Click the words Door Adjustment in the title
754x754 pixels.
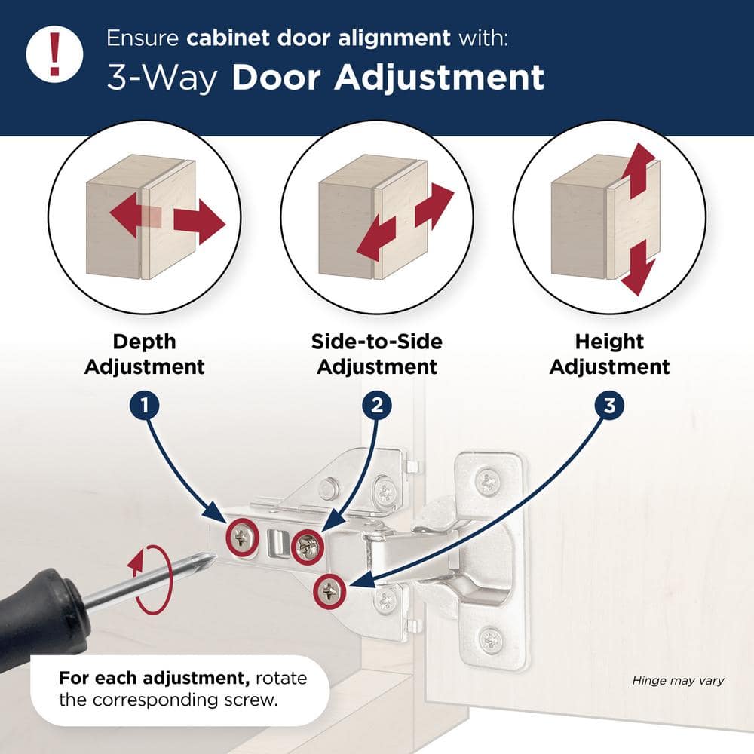tap(388, 78)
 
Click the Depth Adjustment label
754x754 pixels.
tap(145, 354)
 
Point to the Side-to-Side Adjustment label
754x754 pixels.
tap(377, 354)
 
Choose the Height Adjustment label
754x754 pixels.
tap(609, 354)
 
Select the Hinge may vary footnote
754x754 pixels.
tap(678, 681)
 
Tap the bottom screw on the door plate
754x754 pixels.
tap(490, 641)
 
